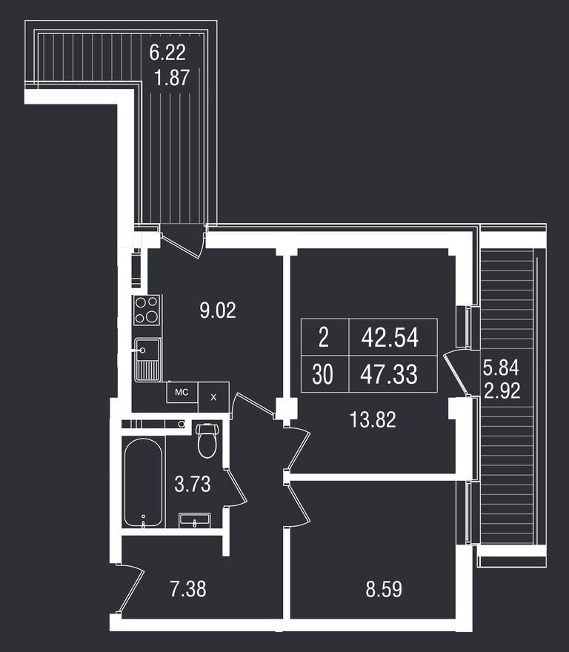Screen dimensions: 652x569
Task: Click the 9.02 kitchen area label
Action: pyautogui.click(x=218, y=310)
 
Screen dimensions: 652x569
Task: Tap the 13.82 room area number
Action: pyautogui.click(x=373, y=421)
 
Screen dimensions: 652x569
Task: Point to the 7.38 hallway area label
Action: pyautogui.click(x=187, y=590)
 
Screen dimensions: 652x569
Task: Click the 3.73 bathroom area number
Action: pyautogui.click(x=193, y=485)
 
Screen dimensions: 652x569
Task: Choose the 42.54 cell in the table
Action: pyautogui.click(x=390, y=338)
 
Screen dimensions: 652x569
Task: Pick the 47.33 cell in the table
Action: pyautogui.click(x=390, y=375)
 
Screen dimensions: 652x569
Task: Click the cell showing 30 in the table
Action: pyautogui.click(x=323, y=375)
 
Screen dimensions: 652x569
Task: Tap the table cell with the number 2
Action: pyautogui.click(x=323, y=338)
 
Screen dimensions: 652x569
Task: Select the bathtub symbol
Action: pyautogui.click(x=144, y=483)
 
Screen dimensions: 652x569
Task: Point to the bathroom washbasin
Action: pyautogui.click(x=196, y=521)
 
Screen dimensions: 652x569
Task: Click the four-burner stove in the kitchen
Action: pyautogui.click(x=147, y=310)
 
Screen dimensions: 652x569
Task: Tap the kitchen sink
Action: pyautogui.click(x=147, y=359)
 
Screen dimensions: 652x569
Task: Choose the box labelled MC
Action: pyautogui.click(x=181, y=392)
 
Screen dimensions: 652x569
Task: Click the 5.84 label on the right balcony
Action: pyautogui.click(x=502, y=366)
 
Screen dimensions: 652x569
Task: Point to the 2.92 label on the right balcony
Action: pyautogui.click(x=502, y=390)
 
